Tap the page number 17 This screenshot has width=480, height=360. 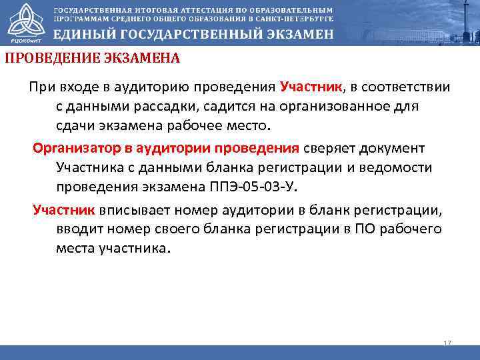[x=447, y=343]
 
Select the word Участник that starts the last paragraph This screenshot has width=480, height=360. [x=65, y=211]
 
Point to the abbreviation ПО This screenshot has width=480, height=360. [x=365, y=230]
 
